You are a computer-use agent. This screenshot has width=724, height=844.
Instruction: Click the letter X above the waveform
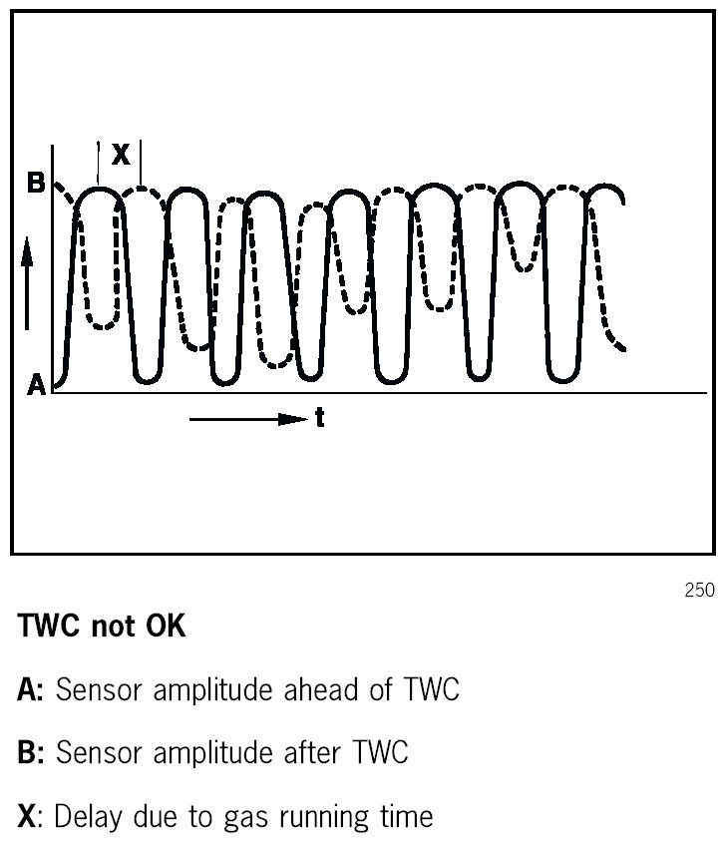tap(121, 155)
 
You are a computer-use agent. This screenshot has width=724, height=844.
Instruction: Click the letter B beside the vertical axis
tap(36, 186)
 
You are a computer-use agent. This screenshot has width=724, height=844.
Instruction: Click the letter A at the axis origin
tap(37, 386)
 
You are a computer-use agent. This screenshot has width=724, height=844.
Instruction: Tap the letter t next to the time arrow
tap(319, 420)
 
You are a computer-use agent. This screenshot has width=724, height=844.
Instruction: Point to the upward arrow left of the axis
tap(28, 289)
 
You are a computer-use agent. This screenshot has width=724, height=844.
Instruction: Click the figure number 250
tap(699, 591)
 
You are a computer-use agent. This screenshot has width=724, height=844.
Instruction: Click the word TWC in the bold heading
tap(49, 629)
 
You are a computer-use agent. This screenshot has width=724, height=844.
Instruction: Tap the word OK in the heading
tap(162, 629)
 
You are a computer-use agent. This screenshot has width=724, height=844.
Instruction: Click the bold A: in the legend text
tap(31, 690)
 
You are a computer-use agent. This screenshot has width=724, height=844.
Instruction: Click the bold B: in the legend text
tap(31, 753)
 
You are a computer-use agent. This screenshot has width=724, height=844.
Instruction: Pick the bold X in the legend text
tap(27, 817)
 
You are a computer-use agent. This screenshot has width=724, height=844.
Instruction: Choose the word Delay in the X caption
tap(87, 817)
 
